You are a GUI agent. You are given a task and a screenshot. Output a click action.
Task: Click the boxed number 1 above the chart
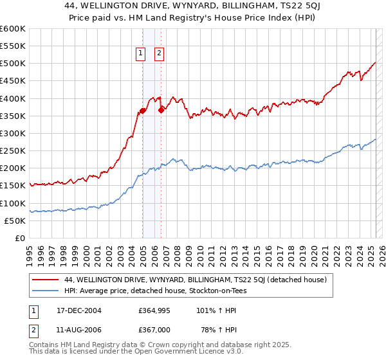[140, 54]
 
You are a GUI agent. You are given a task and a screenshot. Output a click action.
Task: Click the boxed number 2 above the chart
[159, 54]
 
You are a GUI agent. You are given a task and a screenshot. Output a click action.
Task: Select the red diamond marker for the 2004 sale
[142, 111]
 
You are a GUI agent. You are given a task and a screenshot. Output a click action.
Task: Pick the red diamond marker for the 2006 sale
[161, 110]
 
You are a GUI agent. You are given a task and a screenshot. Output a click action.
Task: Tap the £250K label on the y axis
[12, 151]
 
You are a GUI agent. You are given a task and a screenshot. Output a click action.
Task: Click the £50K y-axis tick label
[15, 221]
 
